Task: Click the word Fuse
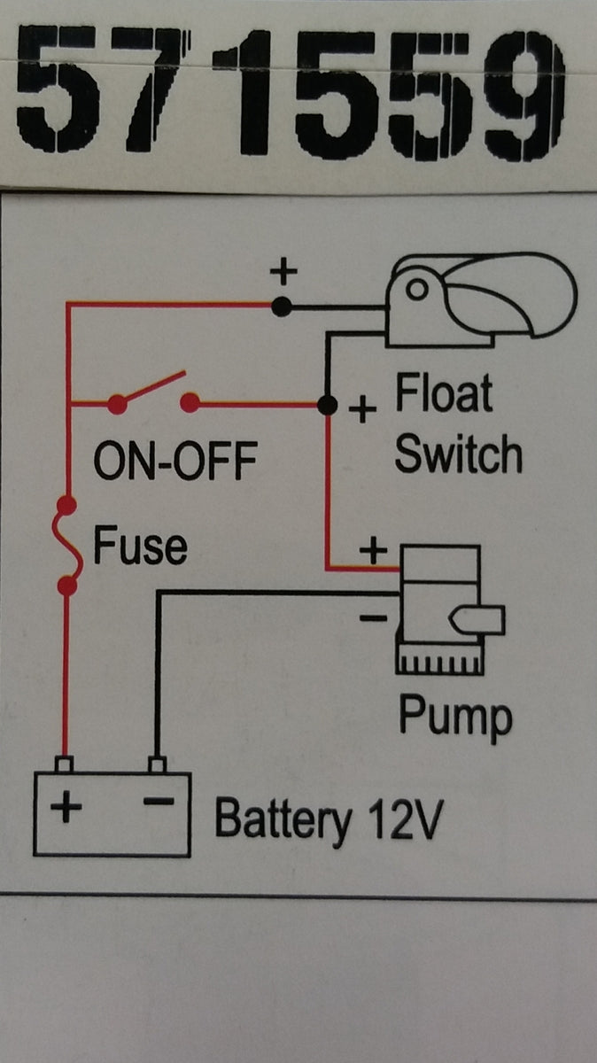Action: click(x=141, y=547)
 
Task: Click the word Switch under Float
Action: click(x=458, y=454)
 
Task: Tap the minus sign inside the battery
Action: click(x=157, y=803)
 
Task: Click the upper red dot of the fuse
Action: click(x=65, y=507)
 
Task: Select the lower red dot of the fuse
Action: click(x=65, y=586)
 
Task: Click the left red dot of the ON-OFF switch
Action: click(x=116, y=404)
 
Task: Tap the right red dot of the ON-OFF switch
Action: click(x=189, y=404)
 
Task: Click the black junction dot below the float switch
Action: click(x=327, y=405)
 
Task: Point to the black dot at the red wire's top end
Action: click(x=282, y=306)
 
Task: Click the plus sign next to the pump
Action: click(x=373, y=551)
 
